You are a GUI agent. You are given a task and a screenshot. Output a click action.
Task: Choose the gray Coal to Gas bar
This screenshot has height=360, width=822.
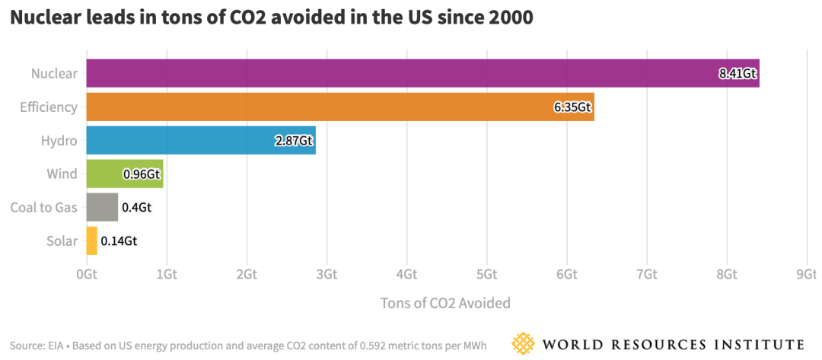tap(102, 207)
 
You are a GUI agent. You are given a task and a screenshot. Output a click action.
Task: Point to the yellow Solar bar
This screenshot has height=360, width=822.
tap(92, 241)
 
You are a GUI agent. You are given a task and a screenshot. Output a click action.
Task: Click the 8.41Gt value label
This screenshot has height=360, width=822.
tap(738, 74)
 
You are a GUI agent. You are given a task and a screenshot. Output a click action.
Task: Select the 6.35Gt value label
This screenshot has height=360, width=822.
tap(572, 107)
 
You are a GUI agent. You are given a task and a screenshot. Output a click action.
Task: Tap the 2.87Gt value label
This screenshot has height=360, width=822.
tap(294, 141)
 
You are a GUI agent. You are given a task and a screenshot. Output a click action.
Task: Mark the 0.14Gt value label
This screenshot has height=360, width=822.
tap(119, 241)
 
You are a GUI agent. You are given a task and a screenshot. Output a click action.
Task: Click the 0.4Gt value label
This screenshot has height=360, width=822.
tap(136, 207)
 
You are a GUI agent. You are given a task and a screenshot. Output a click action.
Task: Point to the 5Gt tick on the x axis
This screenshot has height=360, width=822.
tap(486, 274)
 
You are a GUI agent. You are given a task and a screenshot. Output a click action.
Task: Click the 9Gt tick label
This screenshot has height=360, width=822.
tap(806, 274)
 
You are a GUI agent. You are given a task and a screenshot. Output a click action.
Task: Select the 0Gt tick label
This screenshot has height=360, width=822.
tap(87, 274)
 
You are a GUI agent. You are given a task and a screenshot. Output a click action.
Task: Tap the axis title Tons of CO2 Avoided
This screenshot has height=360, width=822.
tap(445, 303)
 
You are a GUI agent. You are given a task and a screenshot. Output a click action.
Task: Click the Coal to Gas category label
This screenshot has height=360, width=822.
tap(43, 207)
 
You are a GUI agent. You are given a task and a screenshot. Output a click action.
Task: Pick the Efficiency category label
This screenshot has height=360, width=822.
tap(49, 107)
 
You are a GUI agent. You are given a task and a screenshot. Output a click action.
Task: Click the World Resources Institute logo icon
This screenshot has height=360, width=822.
tap(524, 343)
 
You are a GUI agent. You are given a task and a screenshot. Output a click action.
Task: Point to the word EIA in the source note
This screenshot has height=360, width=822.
tap(54, 345)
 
